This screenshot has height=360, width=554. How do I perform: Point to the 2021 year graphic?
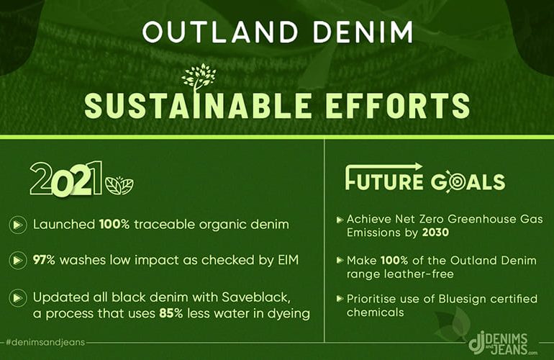pos(66,178)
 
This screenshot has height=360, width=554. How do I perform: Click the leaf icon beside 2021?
pos(119,185)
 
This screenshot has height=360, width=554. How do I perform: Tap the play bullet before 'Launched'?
pos(18,225)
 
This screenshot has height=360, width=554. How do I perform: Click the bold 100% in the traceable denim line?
pos(114,224)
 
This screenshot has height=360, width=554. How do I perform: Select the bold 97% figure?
pos(44,260)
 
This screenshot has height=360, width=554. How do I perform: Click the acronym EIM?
pos(289,260)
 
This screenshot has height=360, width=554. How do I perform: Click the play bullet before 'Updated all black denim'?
pos(18,298)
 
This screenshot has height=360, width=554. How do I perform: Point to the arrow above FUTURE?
pos(384,166)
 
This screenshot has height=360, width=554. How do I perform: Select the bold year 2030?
pos(435,233)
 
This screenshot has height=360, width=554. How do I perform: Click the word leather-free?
pos(400,274)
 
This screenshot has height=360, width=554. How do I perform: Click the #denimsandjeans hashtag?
pos(45,342)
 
